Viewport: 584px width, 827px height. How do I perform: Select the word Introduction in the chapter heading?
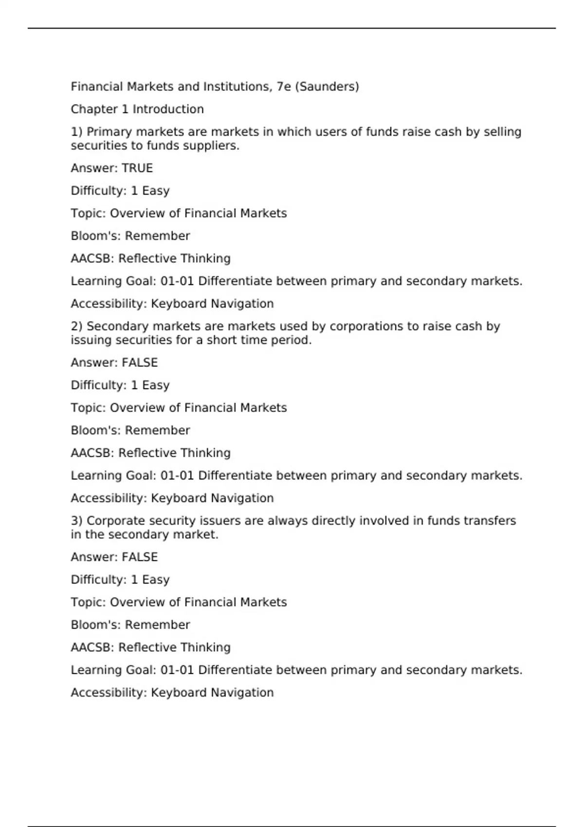(168, 109)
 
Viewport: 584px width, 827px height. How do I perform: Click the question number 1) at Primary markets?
(76, 132)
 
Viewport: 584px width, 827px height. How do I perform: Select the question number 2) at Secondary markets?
(76, 326)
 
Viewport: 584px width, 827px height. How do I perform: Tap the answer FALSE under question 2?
(140, 362)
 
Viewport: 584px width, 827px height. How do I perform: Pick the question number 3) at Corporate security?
(76, 521)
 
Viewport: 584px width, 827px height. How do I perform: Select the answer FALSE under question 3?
(140, 557)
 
